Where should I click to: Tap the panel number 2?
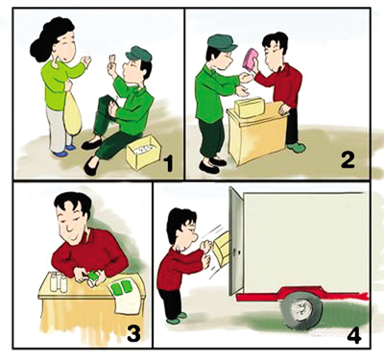(x=348, y=159)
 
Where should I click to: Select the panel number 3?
(x=133, y=333)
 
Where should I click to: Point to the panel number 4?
(x=354, y=335)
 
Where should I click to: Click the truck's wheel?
(x=301, y=310)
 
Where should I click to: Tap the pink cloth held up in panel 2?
(x=251, y=60)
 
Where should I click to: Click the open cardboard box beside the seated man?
(x=144, y=153)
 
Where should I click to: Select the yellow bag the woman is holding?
(x=73, y=113)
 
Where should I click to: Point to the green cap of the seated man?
(x=139, y=54)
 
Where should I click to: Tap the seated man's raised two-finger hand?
(x=112, y=64)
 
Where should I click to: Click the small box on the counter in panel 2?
(x=250, y=108)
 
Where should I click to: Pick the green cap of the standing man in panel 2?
(x=222, y=42)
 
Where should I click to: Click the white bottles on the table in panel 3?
(x=59, y=281)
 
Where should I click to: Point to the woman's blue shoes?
(x=65, y=151)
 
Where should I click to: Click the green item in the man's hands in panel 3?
(x=93, y=276)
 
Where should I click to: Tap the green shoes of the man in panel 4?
(x=177, y=318)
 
